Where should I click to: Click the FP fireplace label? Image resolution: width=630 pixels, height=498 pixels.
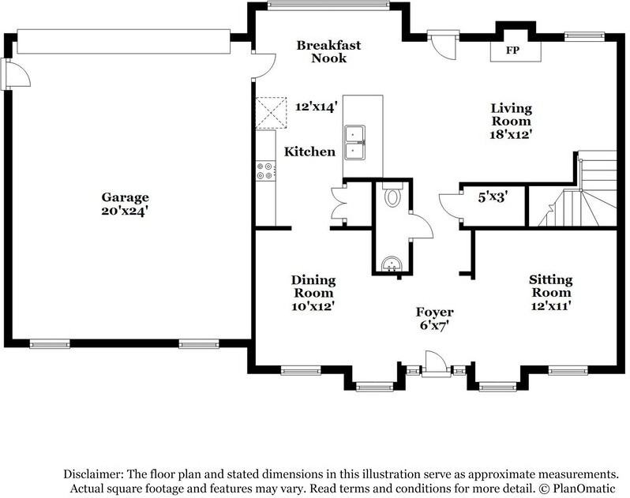pos(512,51)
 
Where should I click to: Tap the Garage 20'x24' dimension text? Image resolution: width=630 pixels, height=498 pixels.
pos(125,211)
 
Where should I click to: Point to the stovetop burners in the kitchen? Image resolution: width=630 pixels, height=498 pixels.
pos(265,170)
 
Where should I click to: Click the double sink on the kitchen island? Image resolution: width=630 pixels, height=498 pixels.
pos(354,143)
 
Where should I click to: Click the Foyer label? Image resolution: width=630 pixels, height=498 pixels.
pos(435,312)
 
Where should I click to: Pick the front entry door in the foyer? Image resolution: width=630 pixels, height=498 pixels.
pos(436,364)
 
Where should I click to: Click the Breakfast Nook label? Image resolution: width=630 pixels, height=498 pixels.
pos(328,51)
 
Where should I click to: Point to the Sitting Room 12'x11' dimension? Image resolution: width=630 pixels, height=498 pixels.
pos(551,306)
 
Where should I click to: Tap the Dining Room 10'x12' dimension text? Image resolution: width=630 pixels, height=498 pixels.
pos(313,306)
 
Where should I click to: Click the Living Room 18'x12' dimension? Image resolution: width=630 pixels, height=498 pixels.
pos(511,134)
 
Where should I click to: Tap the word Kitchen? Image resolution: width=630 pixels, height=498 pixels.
pos(309,152)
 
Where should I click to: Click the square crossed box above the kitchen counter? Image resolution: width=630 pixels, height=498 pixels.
pos(272,112)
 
